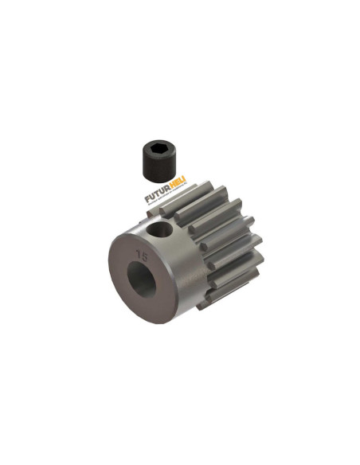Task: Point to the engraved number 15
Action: tap(141, 256)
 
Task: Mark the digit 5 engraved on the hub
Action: tap(143, 256)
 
